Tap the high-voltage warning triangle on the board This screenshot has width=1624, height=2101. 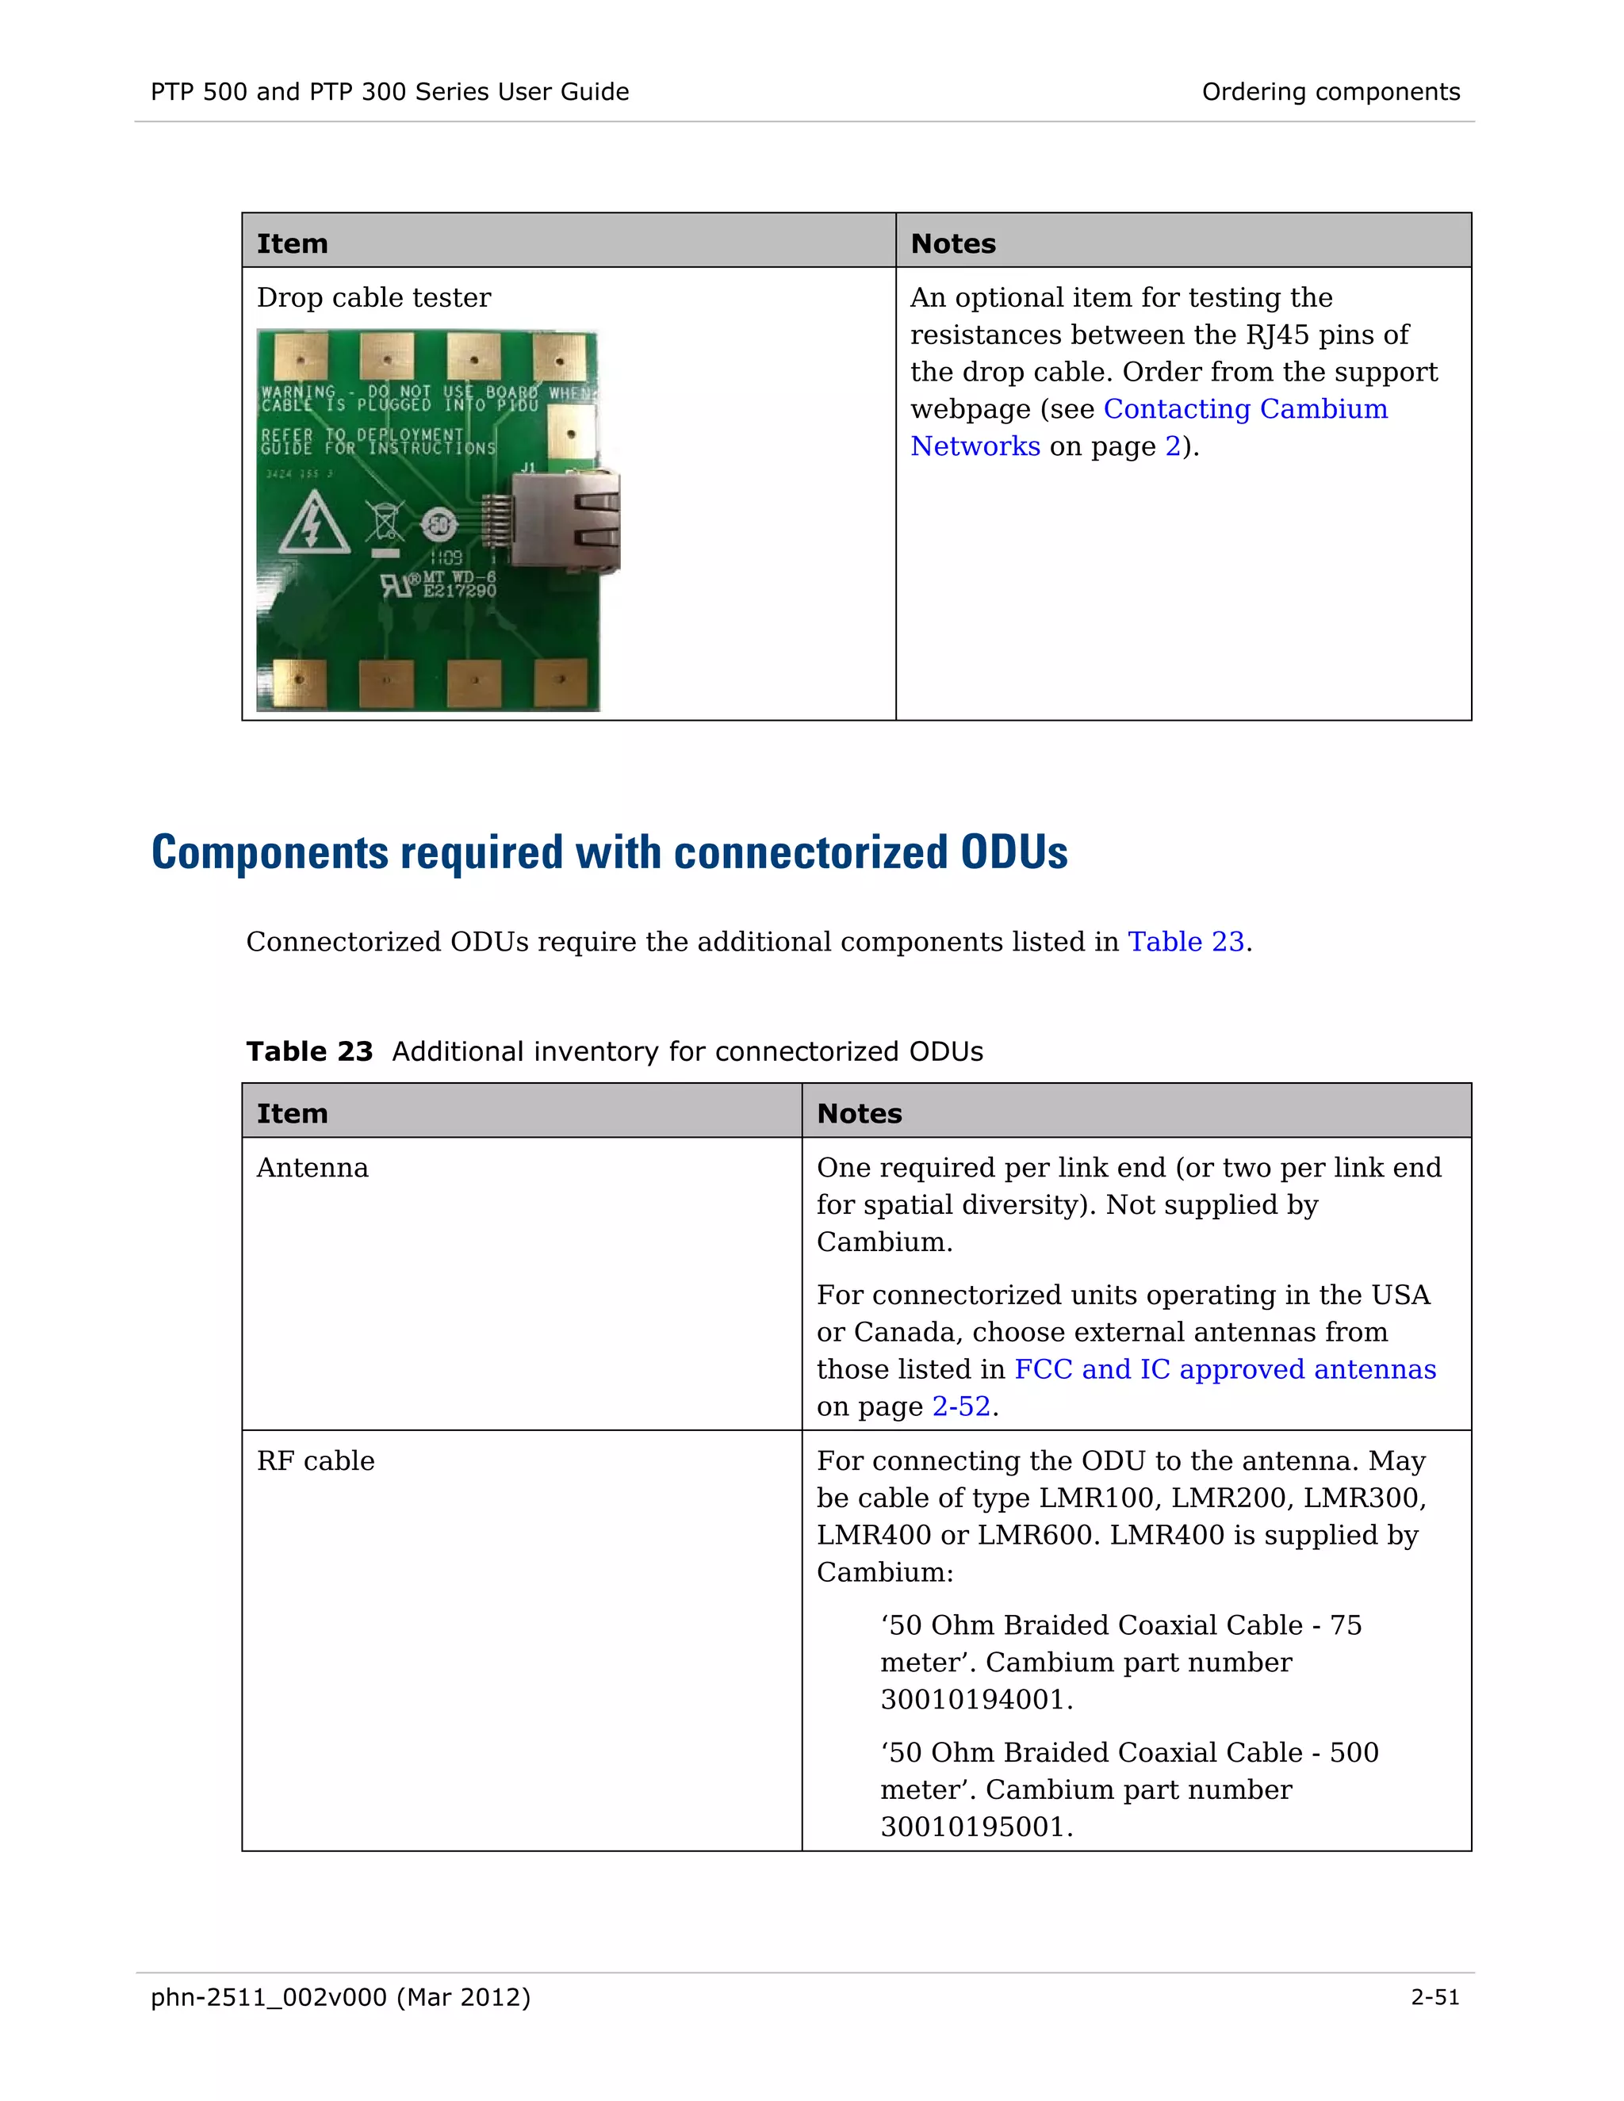coord(312,523)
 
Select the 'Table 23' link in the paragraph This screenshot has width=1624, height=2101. coord(1185,942)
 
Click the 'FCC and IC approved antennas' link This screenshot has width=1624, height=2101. coord(1224,1370)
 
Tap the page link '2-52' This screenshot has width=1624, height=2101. coord(960,1407)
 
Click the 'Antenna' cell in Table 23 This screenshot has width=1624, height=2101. coord(312,1168)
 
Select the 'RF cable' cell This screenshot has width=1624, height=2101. coord(316,1461)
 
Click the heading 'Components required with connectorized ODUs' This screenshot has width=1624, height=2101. coord(609,853)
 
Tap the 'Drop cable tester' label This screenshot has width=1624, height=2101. coord(373,298)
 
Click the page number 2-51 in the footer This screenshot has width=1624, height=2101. coord(1434,1998)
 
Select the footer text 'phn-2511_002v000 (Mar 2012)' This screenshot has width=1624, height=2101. coord(340,1998)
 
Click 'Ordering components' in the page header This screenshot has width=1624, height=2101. coord(1331,92)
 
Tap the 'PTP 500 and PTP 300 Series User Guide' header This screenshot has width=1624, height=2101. coord(389,92)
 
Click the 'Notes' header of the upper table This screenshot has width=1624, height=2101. coord(952,244)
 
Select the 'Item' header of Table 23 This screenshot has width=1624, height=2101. coord(293,1114)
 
